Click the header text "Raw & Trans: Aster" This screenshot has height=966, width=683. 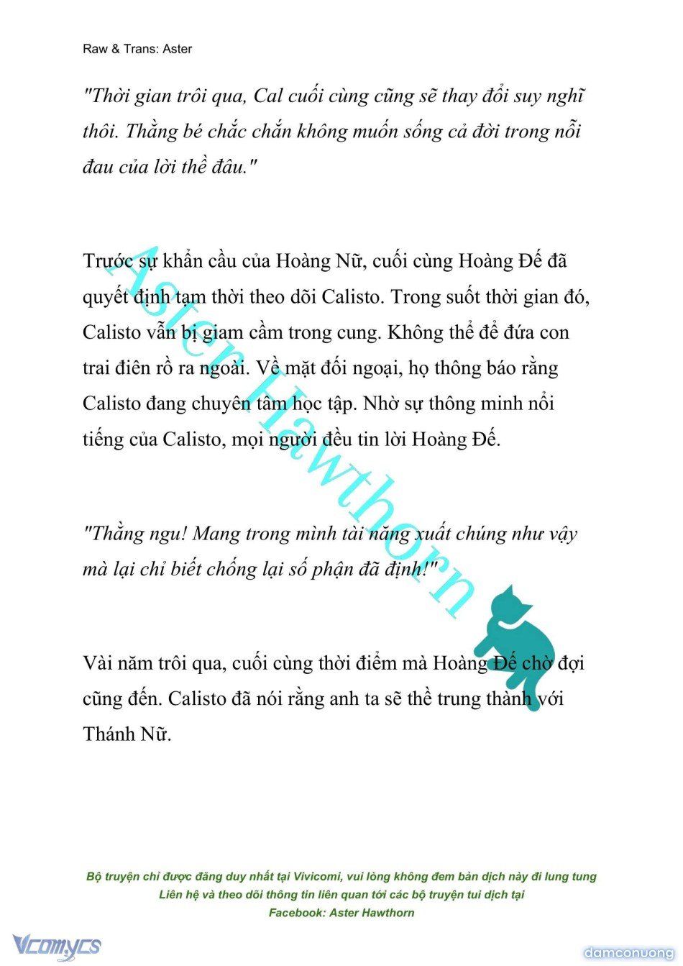(137, 49)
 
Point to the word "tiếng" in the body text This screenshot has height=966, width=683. (103, 439)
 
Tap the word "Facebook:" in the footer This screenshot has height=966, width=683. (295, 913)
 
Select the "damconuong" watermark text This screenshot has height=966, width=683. (628, 953)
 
